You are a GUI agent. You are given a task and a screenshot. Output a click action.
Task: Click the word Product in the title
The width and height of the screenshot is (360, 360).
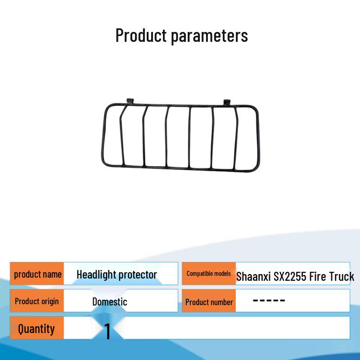click(x=141, y=35)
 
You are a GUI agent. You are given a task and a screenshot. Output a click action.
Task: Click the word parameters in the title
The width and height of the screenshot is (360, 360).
click(x=209, y=37)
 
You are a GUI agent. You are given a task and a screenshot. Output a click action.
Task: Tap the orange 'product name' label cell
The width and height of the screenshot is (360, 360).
click(x=37, y=274)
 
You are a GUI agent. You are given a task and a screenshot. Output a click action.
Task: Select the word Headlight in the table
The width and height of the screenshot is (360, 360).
click(x=96, y=274)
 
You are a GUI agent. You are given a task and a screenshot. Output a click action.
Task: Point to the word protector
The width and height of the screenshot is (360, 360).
click(x=138, y=275)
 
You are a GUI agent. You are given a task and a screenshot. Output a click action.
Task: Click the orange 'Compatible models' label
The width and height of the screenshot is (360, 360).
click(x=209, y=274)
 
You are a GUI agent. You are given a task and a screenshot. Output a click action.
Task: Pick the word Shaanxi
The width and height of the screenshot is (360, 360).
click(x=253, y=276)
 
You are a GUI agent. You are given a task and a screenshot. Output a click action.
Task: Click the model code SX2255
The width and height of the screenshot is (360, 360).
click(x=290, y=276)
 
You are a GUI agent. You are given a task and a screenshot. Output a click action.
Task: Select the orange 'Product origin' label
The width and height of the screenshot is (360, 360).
click(x=37, y=301)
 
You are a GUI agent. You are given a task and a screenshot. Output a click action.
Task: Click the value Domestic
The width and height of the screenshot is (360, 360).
click(x=110, y=301)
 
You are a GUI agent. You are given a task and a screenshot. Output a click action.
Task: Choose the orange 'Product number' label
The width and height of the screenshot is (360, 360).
click(x=209, y=301)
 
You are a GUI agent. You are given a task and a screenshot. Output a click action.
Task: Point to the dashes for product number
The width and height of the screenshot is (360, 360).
click(x=269, y=300)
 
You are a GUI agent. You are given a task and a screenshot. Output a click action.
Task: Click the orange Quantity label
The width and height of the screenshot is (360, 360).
click(x=37, y=328)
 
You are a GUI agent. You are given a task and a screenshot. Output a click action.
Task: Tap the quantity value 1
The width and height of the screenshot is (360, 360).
click(x=108, y=331)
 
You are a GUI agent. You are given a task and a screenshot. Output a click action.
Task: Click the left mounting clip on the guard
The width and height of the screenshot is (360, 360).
click(x=130, y=101)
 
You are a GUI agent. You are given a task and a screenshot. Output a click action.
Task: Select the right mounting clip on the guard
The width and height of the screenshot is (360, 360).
click(x=227, y=103)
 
